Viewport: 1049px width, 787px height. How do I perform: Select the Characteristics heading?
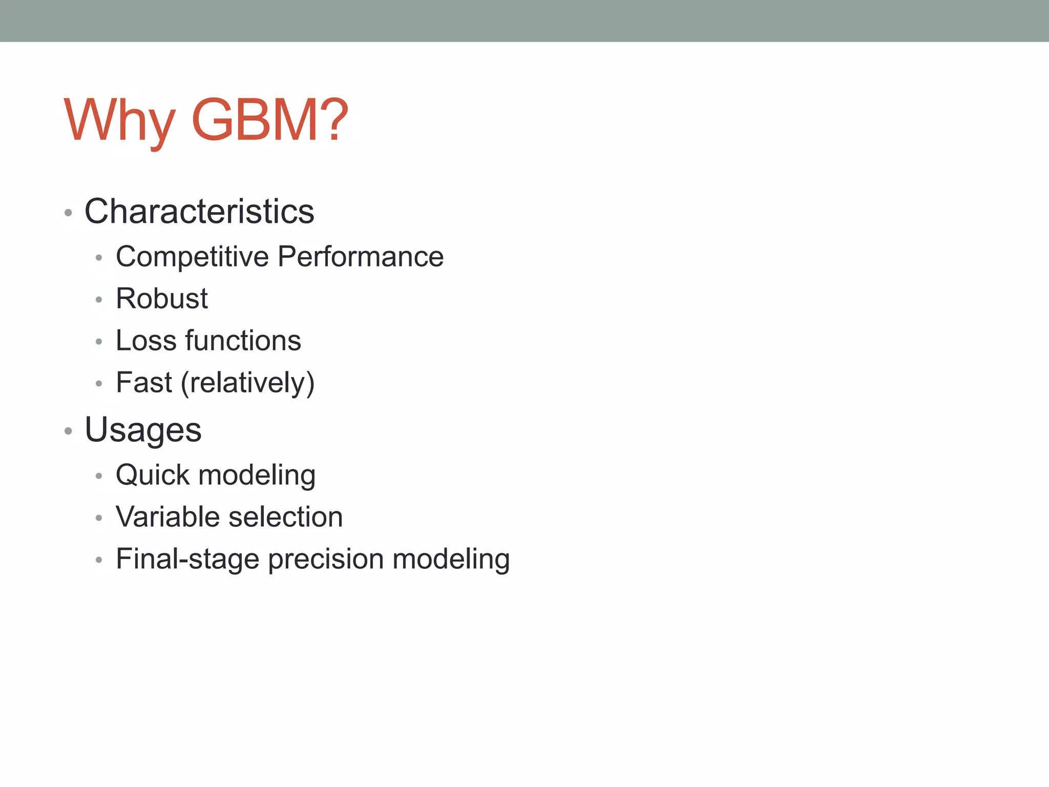pyautogui.click(x=199, y=211)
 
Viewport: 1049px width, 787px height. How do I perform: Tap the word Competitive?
pyautogui.click(x=192, y=257)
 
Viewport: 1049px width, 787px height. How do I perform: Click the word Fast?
pyautogui.click(x=144, y=383)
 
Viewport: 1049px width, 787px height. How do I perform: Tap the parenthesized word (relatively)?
pyautogui.click(x=247, y=383)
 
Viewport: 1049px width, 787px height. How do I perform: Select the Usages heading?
pyautogui.click(x=143, y=430)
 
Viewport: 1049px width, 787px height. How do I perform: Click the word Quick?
pyautogui.click(x=153, y=475)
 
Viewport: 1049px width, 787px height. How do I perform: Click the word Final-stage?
pyautogui.click(x=187, y=559)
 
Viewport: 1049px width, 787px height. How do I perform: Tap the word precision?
pyautogui.click(x=326, y=559)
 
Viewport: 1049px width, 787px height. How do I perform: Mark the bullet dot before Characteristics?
pyautogui.click(x=68, y=213)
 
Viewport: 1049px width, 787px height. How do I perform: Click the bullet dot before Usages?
pyautogui.click(x=68, y=431)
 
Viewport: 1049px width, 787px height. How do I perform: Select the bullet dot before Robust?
pyautogui.click(x=99, y=300)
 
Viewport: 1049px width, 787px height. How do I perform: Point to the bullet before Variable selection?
pyautogui.click(x=99, y=518)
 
